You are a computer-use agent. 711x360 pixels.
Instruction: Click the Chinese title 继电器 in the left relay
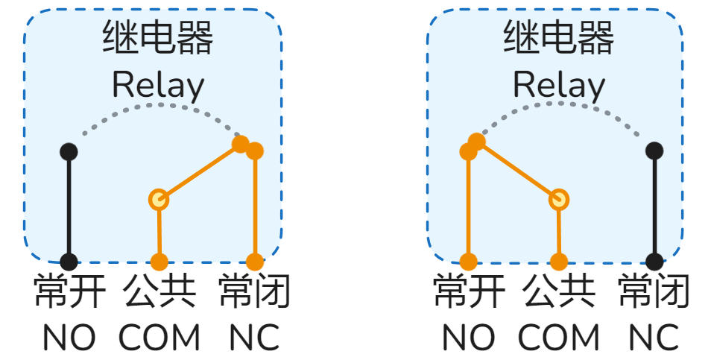(157, 38)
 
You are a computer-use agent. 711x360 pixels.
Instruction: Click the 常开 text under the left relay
(69, 292)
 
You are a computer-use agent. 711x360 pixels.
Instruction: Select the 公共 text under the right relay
(559, 292)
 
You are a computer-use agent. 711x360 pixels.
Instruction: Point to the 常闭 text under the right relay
(654, 292)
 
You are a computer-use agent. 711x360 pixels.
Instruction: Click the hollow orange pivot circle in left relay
(159, 199)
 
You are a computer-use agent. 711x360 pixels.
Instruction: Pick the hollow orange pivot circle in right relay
(559, 199)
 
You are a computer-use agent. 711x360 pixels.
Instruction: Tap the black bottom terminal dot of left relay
(69, 262)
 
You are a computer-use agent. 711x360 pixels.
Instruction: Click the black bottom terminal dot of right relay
(654, 262)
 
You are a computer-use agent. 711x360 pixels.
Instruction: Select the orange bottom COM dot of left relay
(159, 262)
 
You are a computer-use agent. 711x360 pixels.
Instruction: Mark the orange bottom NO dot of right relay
(468, 262)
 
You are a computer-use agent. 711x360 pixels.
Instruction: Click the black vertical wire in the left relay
(69, 209)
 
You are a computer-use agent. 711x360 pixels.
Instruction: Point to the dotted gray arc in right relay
(559, 105)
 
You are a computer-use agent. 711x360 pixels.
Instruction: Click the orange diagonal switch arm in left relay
(200, 171)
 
